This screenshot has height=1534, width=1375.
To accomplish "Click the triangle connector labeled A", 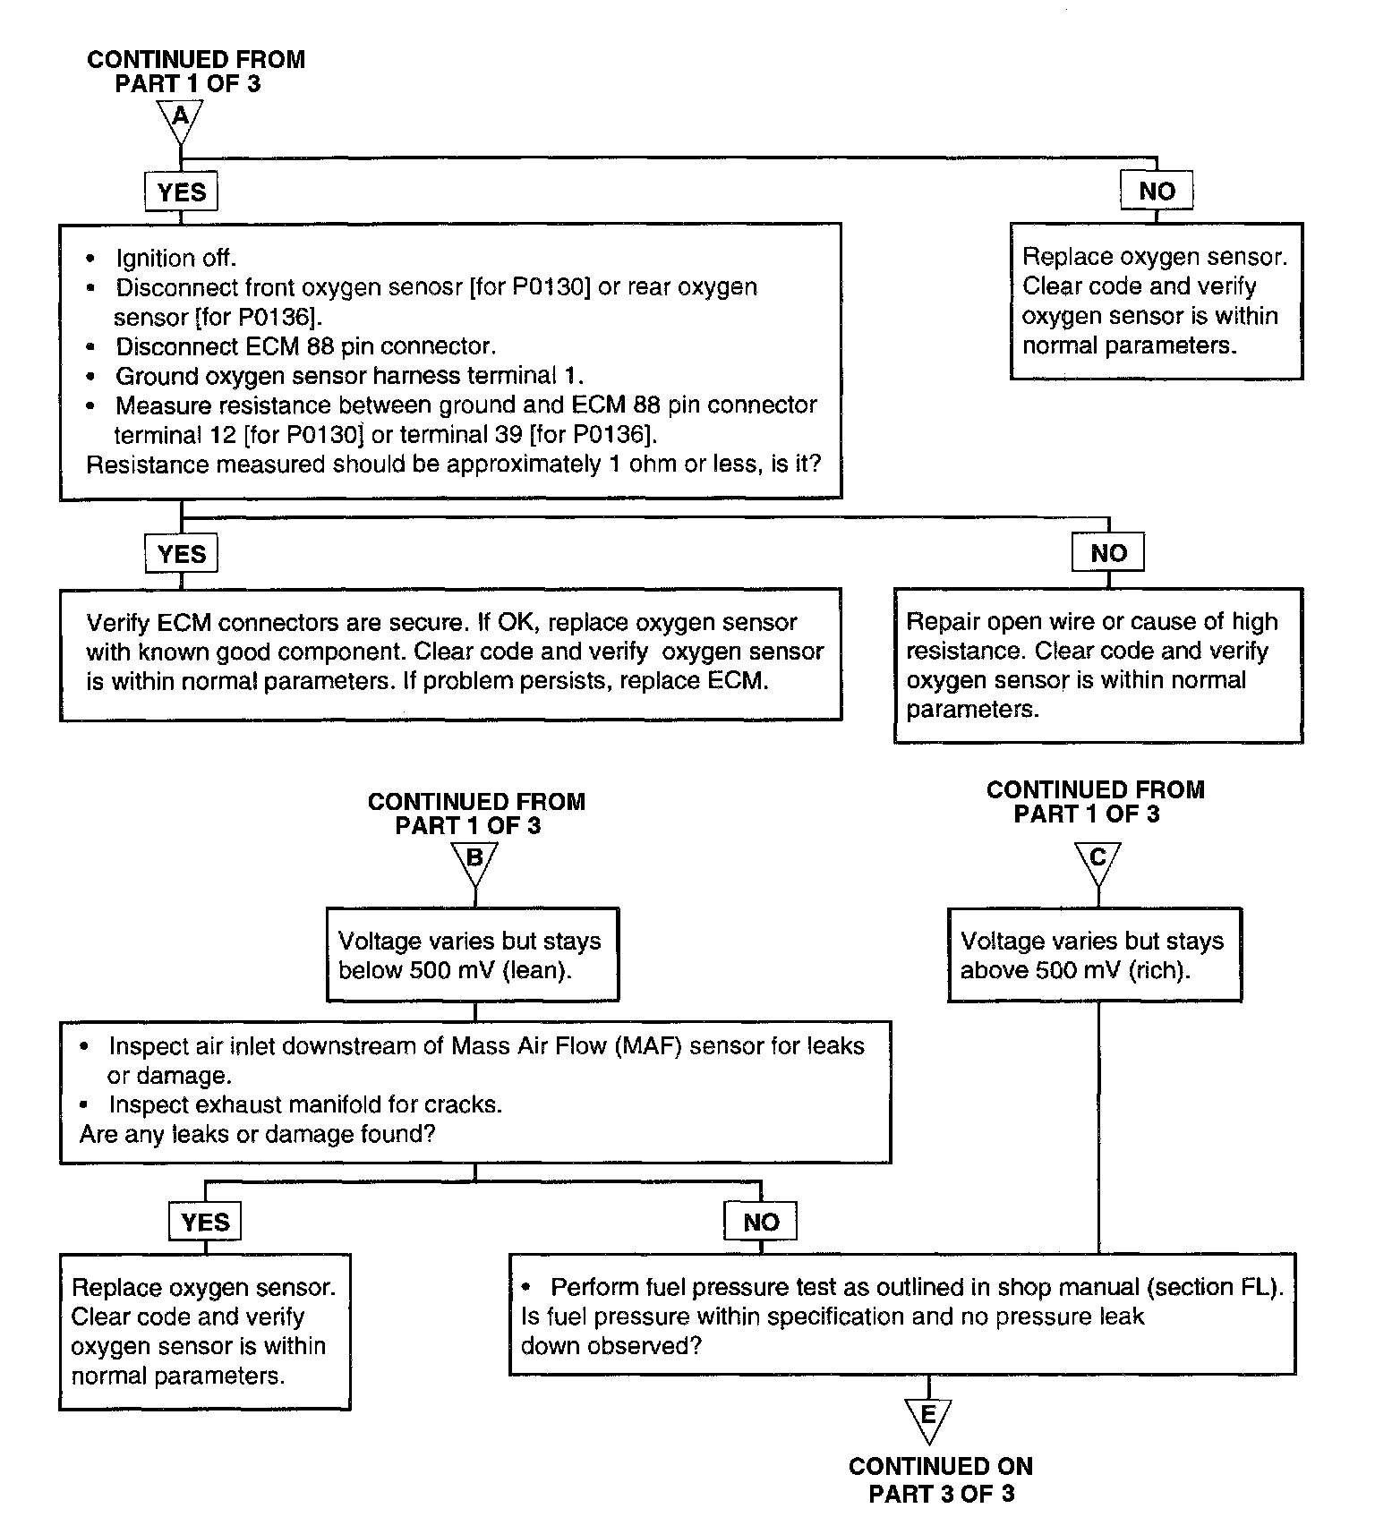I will [x=180, y=118].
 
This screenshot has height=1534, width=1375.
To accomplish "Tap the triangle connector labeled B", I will [x=474, y=860].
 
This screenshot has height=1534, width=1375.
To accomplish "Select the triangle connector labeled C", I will [x=1097, y=860].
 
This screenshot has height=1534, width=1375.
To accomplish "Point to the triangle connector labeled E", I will [x=928, y=1419].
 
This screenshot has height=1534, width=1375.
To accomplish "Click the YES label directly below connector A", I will [x=181, y=192].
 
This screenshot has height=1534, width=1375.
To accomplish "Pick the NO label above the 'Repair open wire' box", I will [x=1108, y=553].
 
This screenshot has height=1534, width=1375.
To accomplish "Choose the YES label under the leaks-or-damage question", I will [x=205, y=1222].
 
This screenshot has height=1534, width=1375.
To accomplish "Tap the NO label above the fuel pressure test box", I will [x=761, y=1222].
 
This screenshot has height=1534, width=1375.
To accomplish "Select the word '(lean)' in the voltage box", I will [x=536, y=971].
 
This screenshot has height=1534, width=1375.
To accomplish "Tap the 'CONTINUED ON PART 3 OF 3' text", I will [x=941, y=1480].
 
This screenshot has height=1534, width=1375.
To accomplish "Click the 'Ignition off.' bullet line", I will [x=175, y=259].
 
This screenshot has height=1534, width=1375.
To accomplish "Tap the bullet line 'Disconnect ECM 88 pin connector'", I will [x=305, y=346].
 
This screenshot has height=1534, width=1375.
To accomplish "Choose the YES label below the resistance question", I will [x=181, y=554].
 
